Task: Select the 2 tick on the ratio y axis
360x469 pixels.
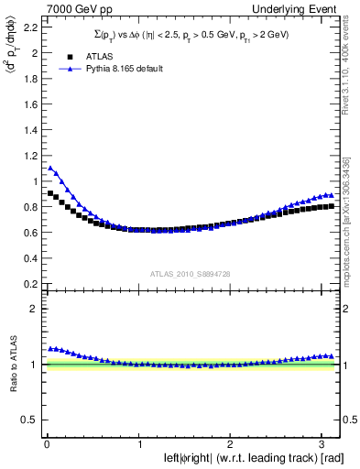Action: pyautogui.click(x=37, y=309)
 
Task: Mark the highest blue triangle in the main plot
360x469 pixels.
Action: pyautogui.click(x=50, y=168)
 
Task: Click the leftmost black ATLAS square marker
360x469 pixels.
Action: pyautogui.click(x=50, y=193)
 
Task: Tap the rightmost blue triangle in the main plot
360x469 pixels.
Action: pyautogui.click(x=330, y=195)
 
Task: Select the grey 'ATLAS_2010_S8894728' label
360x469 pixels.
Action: pyautogui.click(x=189, y=274)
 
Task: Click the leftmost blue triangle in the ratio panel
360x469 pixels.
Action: pyautogui.click(x=50, y=348)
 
